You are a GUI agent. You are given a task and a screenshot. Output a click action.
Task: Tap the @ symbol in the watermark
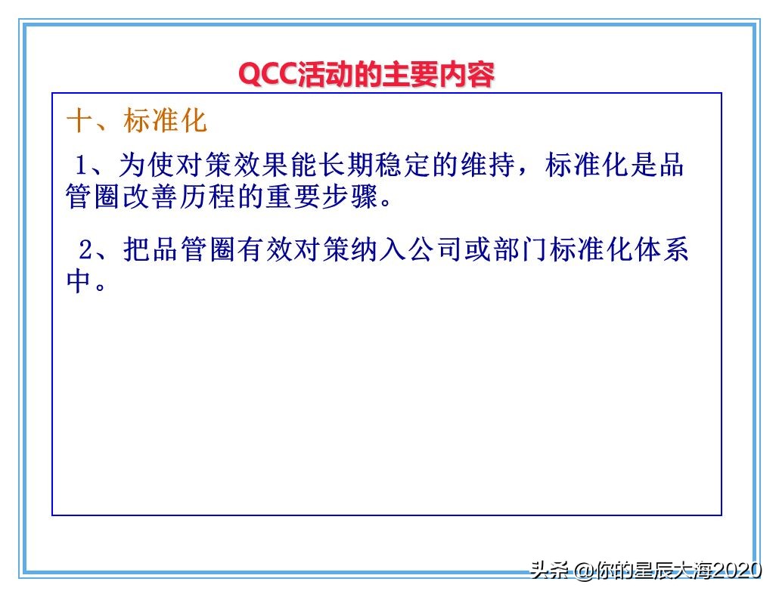(583, 571)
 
